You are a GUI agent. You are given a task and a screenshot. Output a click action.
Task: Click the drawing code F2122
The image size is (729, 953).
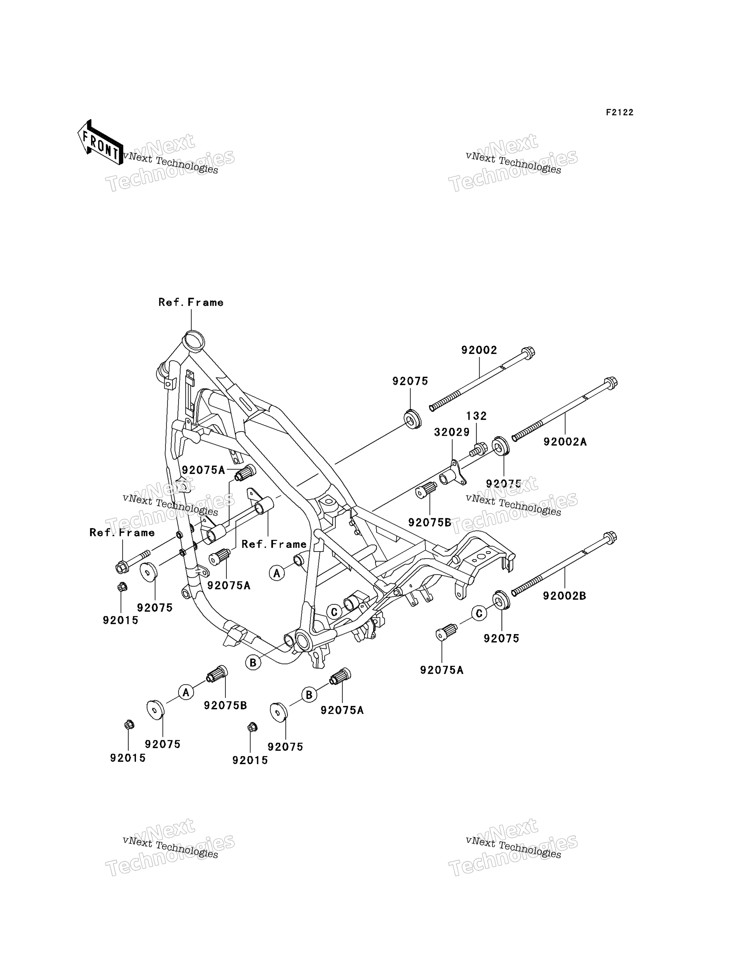pyautogui.click(x=620, y=113)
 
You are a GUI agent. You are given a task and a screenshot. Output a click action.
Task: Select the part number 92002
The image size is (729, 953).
pyautogui.click(x=479, y=350)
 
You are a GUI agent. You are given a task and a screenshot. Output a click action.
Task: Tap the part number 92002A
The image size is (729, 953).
pyautogui.click(x=565, y=441)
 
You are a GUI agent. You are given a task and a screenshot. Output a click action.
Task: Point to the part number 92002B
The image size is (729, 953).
pyautogui.click(x=564, y=596)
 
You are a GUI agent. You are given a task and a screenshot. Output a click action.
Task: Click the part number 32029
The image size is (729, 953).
pyautogui.click(x=452, y=432)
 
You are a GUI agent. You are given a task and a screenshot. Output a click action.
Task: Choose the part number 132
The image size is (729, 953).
pyautogui.click(x=477, y=416)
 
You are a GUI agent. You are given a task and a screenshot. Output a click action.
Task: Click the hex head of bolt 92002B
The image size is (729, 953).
pyautogui.click(x=610, y=538)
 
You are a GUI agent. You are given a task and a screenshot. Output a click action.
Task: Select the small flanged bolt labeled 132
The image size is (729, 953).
pyautogui.click(x=478, y=449)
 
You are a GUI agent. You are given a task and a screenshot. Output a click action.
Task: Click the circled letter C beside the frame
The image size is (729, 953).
pyautogui.click(x=334, y=612)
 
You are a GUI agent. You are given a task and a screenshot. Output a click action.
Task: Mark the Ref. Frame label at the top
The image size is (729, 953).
pyautogui.click(x=191, y=302)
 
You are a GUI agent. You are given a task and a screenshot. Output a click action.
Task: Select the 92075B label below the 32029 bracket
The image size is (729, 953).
pyautogui.click(x=430, y=523)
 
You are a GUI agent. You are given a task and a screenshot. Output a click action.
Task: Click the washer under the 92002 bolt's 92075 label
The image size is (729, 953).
pyautogui.click(x=413, y=418)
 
